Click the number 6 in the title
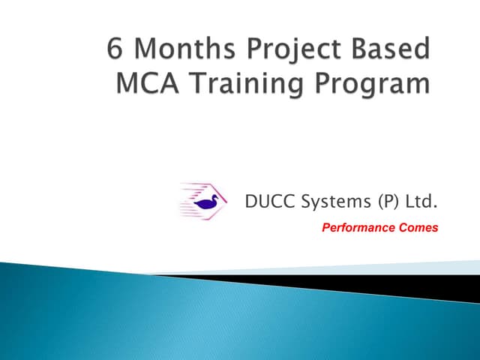(116, 51)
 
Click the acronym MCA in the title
(142, 82)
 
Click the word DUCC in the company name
(268, 201)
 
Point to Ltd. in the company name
(420, 201)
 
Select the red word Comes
(417, 228)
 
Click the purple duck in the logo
(205, 202)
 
